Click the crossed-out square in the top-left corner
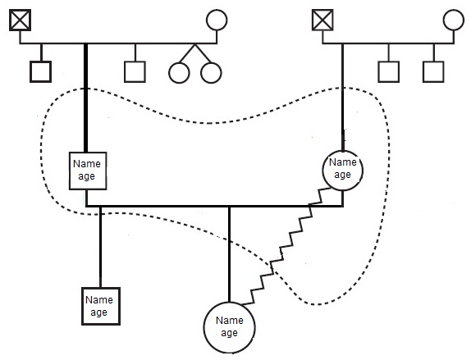21,21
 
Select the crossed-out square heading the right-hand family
322,21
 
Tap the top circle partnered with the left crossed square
217,20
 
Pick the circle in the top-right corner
454,20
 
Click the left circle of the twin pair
179,73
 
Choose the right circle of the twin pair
211,73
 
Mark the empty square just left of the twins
135,72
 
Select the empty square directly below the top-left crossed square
40,72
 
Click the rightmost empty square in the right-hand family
433,72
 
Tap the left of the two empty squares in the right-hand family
389,72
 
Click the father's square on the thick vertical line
88,171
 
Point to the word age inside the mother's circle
342,175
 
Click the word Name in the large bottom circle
230,321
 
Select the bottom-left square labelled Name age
101,306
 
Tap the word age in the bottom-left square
98,312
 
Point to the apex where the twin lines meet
195,44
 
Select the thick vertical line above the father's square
85,98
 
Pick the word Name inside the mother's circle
343,162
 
